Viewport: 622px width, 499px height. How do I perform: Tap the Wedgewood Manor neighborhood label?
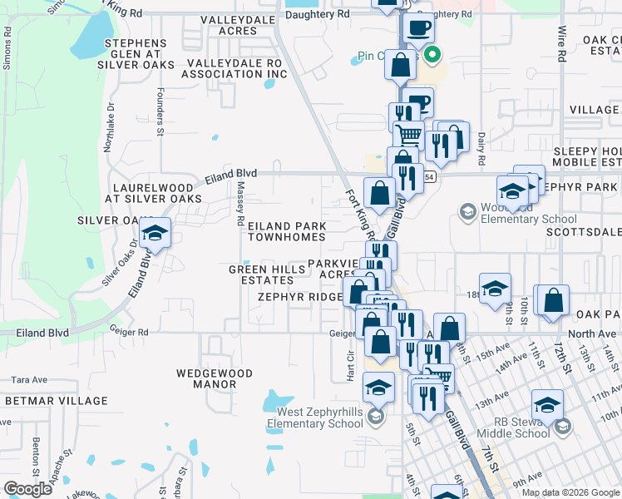coord(206,378)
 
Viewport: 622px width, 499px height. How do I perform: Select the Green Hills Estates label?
coord(262,274)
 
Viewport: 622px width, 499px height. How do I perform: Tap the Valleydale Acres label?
coord(227,25)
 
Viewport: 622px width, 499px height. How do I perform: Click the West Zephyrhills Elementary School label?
coord(315,417)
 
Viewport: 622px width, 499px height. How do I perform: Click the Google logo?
coord(28,489)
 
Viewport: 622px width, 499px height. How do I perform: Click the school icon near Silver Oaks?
coord(154,234)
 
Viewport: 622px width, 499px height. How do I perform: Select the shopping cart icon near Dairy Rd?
coord(408,134)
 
